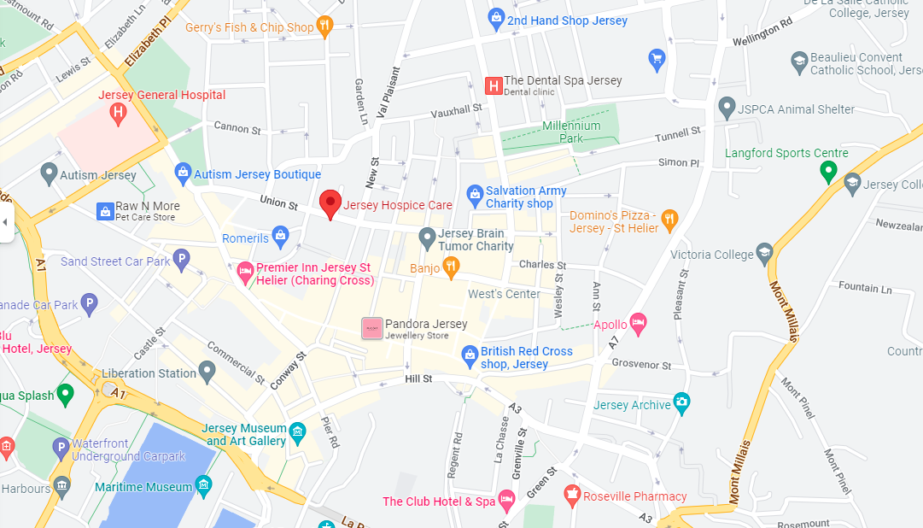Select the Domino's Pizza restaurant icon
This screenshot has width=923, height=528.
point(670,220)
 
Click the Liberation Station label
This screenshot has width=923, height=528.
point(149,373)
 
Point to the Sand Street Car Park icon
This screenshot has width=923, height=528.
point(180,261)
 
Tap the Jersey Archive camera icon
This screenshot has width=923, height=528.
point(681,402)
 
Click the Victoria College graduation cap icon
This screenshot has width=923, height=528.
point(764,254)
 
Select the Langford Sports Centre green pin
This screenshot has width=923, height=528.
point(827,172)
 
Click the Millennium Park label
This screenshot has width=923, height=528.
point(571,132)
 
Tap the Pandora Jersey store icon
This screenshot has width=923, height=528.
point(371,328)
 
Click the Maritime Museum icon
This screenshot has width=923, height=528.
point(203,486)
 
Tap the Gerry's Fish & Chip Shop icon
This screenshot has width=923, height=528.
point(324,26)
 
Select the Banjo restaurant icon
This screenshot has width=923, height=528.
point(451,267)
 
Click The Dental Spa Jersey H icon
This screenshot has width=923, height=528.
point(493,85)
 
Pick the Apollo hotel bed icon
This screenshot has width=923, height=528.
point(639,324)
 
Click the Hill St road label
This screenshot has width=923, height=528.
point(418,378)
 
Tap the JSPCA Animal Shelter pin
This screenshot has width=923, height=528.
point(727,109)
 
